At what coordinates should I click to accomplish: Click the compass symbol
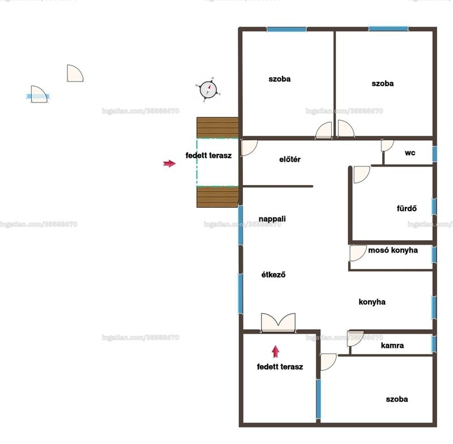[x=208, y=89]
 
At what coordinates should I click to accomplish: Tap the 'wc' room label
[x=410, y=152]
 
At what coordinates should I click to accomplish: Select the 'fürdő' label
[x=407, y=208]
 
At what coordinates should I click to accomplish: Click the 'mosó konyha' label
[x=393, y=250]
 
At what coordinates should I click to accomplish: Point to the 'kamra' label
[x=392, y=345]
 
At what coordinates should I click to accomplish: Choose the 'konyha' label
[x=372, y=302]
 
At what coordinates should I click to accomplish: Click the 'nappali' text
[x=272, y=219]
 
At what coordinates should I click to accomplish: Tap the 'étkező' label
[x=273, y=275]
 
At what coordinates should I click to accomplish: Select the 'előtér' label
[x=290, y=159]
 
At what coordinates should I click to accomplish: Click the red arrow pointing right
[x=169, y=164]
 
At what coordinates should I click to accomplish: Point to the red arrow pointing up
[x=276, y=352]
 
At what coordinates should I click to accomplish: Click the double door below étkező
[x=278, y=323]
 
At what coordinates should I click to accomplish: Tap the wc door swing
[x=387, y=146]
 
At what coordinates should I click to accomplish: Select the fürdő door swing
[x=362, y=174]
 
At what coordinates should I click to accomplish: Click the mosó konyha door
[x=358, y=253]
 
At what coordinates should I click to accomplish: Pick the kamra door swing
[x=356, y=339]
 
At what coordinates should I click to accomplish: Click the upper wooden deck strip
[x=217, y=127]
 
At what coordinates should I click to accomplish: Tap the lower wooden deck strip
[x=217, y=197]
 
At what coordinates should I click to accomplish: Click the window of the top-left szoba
[x=287, y=29]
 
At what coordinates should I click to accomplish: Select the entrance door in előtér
[x=249, y=148]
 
